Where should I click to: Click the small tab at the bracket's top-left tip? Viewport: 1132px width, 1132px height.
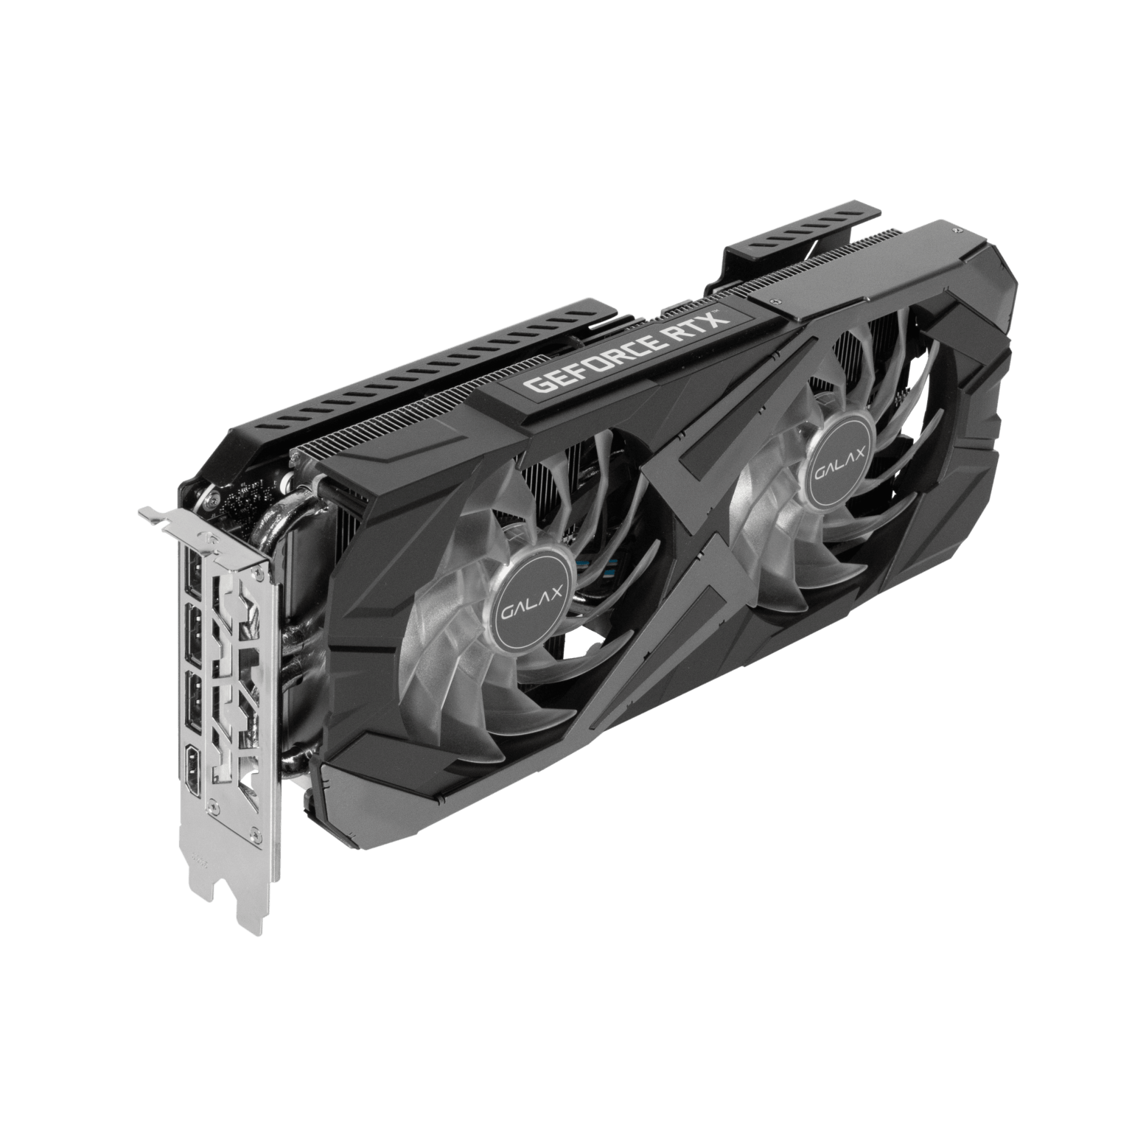point(150,514)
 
